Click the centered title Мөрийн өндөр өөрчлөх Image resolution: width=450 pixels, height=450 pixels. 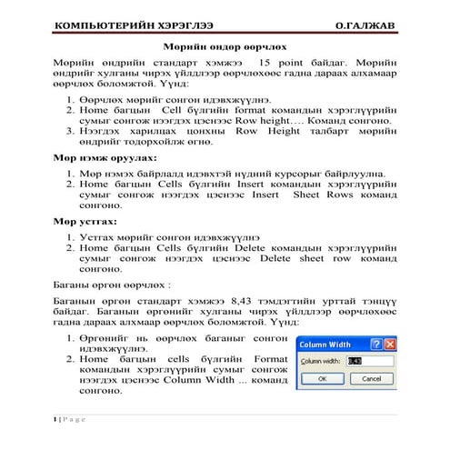coord(225,45)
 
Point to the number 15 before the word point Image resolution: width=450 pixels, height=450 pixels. coord(290,60)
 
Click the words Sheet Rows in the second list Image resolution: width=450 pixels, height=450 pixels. coord(325,194)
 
